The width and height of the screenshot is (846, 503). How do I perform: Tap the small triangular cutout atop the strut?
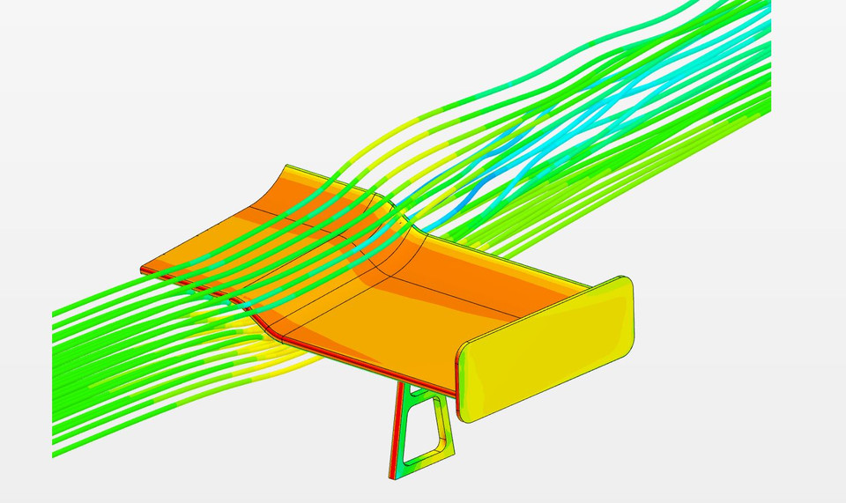tap(412, 391)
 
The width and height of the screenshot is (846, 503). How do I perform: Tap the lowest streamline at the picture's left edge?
tap(55, 455)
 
